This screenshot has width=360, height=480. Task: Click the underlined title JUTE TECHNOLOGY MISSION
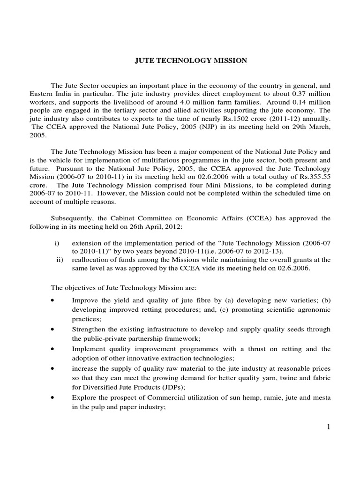click(x=187, y=60)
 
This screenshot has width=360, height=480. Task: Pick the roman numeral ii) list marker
click(x=59, y=260)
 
